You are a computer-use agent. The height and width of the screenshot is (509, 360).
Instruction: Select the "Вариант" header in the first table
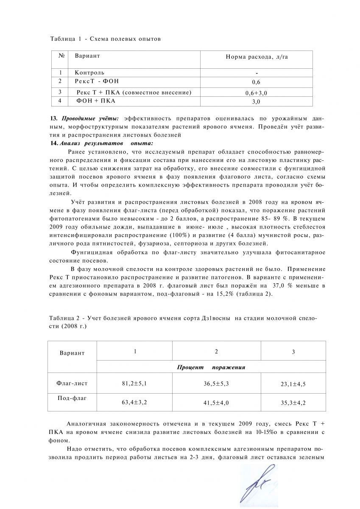pos(87,56)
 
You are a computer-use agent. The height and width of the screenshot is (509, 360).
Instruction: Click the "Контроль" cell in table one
pos(89,73)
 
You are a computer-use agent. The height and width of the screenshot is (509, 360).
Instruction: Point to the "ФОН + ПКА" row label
pos(96,101)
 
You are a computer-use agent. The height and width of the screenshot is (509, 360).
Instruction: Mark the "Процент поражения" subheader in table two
pos(211,367)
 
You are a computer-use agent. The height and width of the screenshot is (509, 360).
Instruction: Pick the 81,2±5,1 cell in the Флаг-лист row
pos(134,383)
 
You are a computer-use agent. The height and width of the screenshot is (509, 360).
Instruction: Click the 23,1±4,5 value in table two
pos(293,384)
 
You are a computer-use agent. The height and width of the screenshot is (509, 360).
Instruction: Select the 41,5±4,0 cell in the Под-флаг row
pos(216,403)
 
